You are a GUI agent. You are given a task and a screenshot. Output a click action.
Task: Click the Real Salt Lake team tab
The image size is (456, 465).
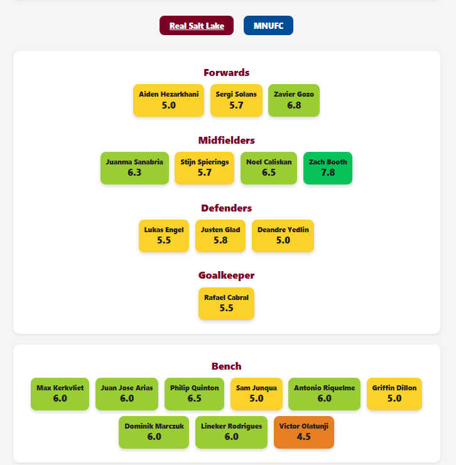197,26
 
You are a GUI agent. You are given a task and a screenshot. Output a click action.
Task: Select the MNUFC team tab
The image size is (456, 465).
268,26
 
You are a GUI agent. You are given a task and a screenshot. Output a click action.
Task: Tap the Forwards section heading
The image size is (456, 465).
227,73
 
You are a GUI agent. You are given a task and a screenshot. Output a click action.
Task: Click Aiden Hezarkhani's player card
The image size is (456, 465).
168,100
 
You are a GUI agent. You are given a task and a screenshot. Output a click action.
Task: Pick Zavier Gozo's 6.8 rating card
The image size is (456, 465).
294,100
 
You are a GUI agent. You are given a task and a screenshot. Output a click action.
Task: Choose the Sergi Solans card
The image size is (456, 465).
236,100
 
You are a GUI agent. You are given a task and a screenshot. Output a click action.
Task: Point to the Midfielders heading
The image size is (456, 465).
227,141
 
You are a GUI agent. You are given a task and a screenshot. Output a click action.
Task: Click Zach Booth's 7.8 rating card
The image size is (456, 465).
328,168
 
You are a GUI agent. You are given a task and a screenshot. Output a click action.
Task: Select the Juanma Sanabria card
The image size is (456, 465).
134,168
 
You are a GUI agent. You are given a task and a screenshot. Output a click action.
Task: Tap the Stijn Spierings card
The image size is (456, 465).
205,168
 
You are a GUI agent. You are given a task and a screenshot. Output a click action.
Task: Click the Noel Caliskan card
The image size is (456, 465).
269,168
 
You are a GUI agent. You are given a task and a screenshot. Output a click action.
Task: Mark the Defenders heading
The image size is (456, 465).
227,208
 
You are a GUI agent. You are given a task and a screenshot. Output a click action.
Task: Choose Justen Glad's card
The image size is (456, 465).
220,236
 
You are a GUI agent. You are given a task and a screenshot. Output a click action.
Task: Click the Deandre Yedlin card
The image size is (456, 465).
283,236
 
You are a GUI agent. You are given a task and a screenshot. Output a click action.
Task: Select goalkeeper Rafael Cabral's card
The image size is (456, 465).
227,304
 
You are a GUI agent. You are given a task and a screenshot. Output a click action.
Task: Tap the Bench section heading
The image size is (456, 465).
227,366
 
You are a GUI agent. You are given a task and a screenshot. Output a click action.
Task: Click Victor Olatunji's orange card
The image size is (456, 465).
304,432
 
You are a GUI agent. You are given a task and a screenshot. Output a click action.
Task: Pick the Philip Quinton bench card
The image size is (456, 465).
195,394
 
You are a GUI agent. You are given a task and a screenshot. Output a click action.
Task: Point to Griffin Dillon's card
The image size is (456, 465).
394,394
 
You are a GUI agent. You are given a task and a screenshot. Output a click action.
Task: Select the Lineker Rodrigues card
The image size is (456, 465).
232,432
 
